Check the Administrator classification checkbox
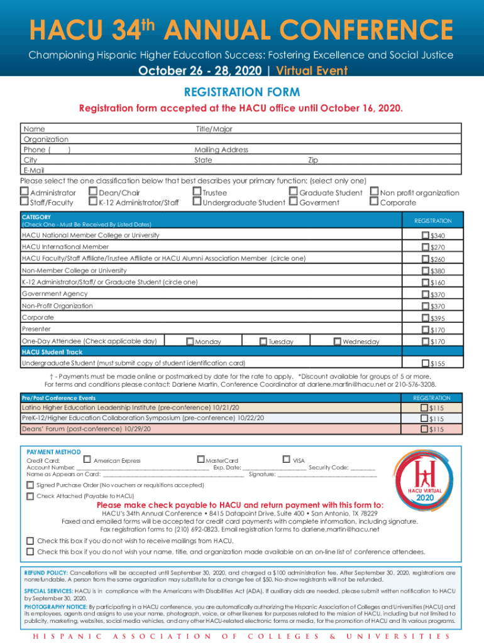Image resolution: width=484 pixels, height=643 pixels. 25,193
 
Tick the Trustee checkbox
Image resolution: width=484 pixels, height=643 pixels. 197,193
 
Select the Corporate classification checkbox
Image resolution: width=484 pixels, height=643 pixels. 374,202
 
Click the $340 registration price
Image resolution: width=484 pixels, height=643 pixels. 437,235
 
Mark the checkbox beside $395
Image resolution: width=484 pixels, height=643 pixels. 426,318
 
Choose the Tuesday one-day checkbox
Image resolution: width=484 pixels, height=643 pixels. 263,342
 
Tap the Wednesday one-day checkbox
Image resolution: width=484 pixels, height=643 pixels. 337,342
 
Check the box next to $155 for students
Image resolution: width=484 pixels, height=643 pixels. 426,364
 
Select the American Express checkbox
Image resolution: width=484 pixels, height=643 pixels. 87,460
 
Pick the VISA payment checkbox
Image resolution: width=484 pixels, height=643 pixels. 287,460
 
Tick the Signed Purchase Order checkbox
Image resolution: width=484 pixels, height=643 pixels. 30,485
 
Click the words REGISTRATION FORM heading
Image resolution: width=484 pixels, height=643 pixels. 241,92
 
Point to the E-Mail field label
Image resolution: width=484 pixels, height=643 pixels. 34,170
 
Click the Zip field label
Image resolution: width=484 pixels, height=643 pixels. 312,160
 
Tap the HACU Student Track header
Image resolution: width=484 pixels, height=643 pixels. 52,352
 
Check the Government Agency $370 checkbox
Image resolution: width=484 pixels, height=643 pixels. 426,294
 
